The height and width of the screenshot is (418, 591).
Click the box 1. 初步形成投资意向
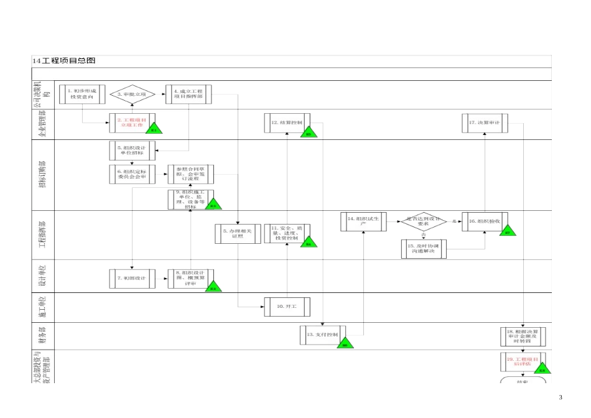82,94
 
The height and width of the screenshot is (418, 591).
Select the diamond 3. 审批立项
131,95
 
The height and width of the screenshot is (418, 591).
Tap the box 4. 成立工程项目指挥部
189,94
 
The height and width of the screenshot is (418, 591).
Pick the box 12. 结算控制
286,123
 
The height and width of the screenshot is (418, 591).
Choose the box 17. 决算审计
485,123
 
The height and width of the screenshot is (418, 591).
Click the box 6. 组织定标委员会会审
131,174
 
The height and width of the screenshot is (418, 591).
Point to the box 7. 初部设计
131,279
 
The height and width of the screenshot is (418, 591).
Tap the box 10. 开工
286,307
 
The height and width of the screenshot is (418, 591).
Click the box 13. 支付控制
322,335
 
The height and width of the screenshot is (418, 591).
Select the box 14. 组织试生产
363,222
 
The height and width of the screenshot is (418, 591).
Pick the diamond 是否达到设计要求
424,222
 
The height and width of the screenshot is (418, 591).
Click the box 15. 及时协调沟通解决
424,249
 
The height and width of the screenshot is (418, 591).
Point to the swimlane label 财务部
43,336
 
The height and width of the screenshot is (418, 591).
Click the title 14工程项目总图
65,61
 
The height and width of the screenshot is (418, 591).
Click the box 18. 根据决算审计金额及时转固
523,336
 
